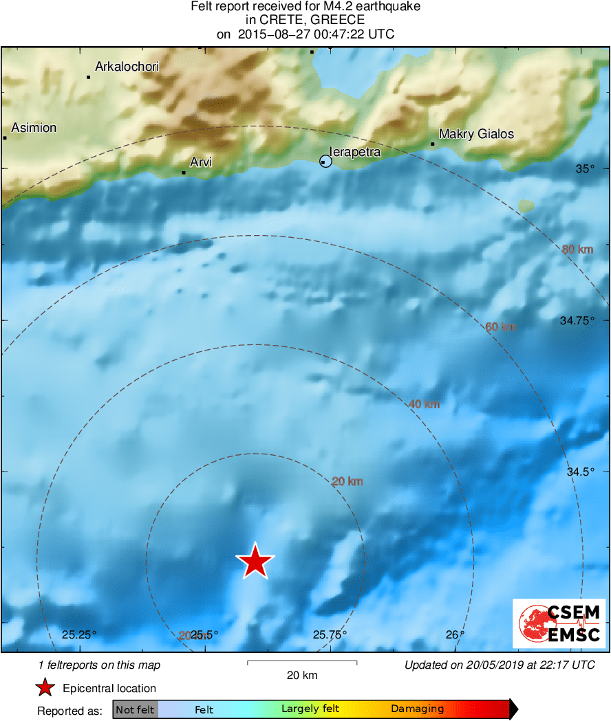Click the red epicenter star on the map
tap(255, 561)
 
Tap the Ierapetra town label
tap(355, 152)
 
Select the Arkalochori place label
tap(127, 67)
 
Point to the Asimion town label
tap(34, 128)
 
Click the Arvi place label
tap(201, 162)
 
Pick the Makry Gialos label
tap(476, 134)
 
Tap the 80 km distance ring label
tap(577, 249)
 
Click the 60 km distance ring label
tap(500, 327)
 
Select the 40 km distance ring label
tap(424, 404)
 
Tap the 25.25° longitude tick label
tap(80, 634)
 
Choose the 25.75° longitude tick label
tap(330, 634)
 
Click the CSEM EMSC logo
tap(559, 623)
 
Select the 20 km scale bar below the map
tap(301, 663)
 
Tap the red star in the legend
tap(45, 688)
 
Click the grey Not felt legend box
tap(135, 709)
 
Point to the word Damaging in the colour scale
tap(417, 709)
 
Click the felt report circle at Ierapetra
tap(326, 162)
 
